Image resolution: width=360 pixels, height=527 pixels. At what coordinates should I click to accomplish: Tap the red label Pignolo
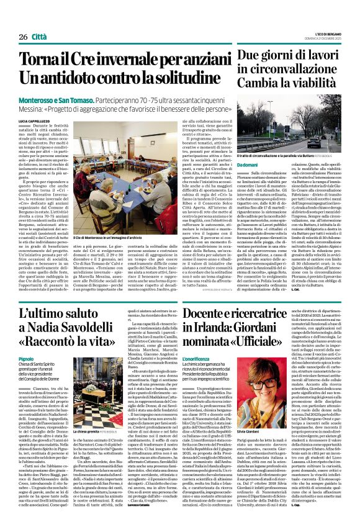[26, 359]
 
